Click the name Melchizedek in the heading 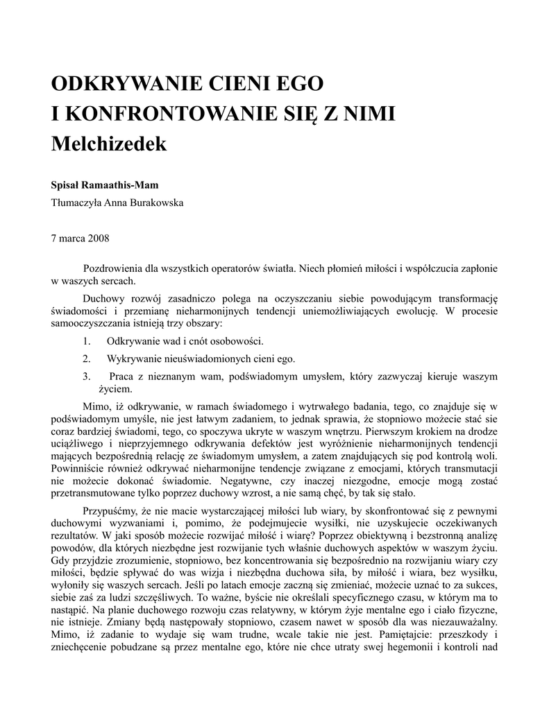click(110, 144)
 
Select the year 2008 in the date click(97, 238)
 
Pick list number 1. click(86, 341)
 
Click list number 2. click(86, 359)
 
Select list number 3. click(86, 376)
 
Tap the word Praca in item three click(122, 376)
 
